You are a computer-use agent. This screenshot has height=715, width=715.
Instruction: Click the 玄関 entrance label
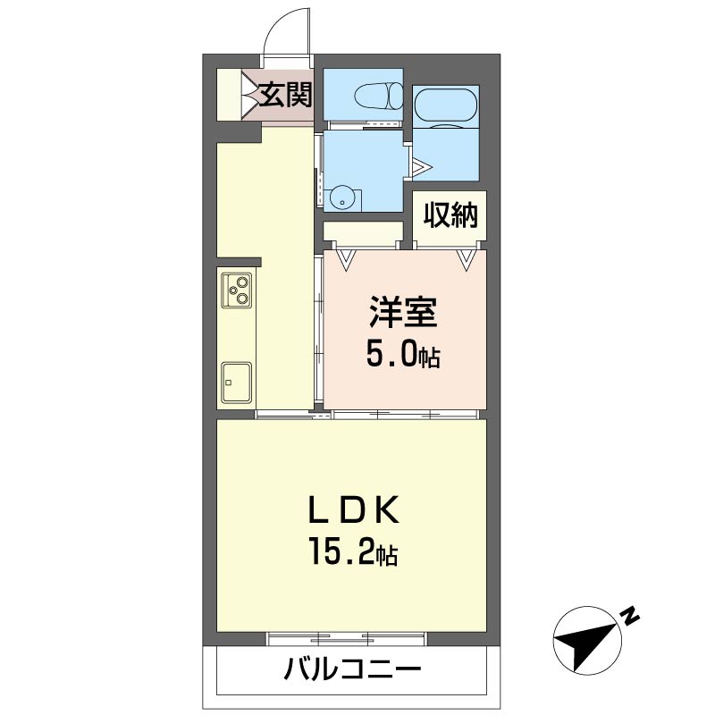click(286, 95)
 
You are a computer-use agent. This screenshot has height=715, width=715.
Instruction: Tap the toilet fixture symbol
click(378, 96)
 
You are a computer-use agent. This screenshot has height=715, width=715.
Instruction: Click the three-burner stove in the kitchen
click(237, 290)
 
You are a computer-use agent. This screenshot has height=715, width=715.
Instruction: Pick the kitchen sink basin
click(237, 383)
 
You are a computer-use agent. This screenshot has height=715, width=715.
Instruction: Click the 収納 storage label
click(450, 214)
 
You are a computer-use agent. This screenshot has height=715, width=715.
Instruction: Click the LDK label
click(354, 509)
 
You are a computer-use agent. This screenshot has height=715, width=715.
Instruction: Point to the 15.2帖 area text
click(353, 551)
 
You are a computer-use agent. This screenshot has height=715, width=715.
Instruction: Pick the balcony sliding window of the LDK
click(346, 639)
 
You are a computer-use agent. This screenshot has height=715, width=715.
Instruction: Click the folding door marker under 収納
click(466, 260)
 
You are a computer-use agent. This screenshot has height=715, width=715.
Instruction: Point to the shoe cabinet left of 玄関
click(229, 95)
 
